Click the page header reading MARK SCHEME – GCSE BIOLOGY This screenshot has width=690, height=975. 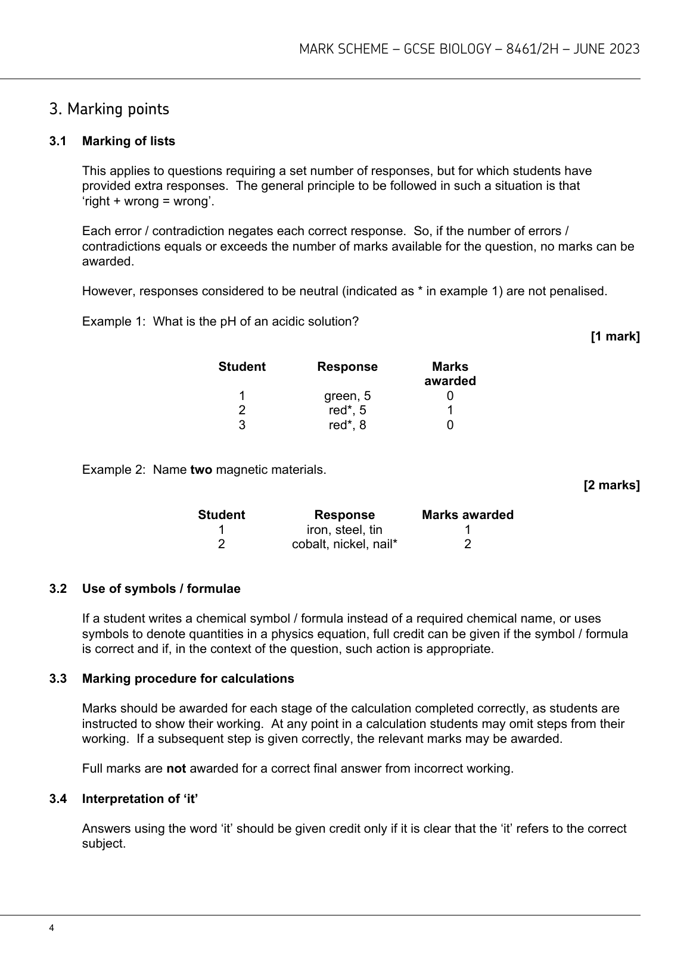469,49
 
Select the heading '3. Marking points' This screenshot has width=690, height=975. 109,110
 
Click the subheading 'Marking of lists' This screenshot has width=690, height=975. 129,141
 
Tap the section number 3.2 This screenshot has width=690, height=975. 58,589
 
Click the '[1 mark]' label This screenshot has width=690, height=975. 615,337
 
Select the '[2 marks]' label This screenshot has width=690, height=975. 611,485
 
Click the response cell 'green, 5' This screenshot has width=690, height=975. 347,396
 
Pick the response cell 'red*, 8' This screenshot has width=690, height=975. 347,425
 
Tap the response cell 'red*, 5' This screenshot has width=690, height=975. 347,410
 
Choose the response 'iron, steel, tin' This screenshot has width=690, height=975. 344,530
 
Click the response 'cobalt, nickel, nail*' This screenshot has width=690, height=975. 344,544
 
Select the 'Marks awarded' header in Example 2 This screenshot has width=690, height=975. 467,515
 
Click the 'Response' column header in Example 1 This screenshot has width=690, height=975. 347,367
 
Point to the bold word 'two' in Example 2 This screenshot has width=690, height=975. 201,470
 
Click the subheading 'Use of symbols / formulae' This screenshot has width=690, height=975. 161,589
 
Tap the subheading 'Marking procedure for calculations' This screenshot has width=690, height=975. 188,679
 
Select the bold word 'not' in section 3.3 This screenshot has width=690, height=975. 176,768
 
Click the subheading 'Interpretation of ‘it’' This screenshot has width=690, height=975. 140,799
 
